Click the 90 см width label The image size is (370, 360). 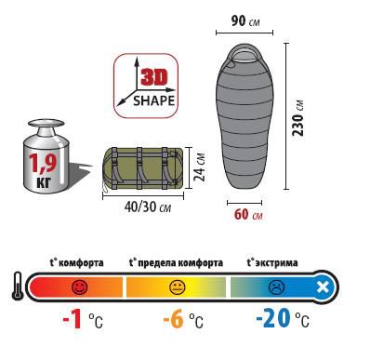[245, 20]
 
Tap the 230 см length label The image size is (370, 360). [298, 118]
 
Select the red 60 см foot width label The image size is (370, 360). [248, 214]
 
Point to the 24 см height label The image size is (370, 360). [199, 167]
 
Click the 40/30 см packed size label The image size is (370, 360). [148, 207]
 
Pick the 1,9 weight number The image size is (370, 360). [43, 162]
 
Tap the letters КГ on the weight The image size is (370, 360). [43, 182]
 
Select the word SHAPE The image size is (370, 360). [153, 100]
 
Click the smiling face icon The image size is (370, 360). [80, 287]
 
